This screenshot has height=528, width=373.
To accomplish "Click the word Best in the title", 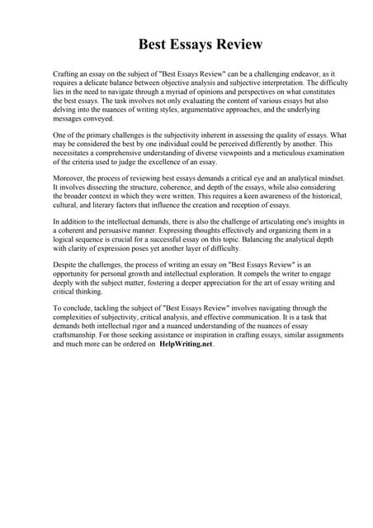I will coord(152,42).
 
